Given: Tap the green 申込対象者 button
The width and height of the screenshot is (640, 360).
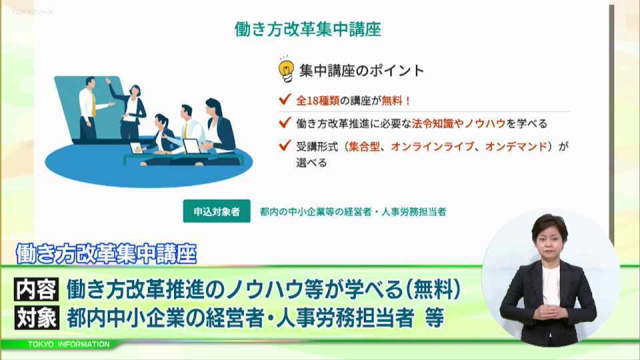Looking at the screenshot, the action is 217,211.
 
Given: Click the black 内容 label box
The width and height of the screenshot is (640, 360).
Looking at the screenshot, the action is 37,289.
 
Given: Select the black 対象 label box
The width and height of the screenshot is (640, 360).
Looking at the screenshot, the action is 37,317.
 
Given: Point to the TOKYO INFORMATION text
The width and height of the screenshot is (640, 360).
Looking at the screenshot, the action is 69,345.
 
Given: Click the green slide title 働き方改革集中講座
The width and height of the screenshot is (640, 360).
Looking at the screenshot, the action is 308,29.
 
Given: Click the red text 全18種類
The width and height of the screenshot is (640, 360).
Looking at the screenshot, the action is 318,101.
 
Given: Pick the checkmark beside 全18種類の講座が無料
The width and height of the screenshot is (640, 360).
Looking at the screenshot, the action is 285,99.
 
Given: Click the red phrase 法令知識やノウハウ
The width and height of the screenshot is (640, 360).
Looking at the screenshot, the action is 459,124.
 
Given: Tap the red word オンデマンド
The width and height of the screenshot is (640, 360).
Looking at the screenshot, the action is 516,147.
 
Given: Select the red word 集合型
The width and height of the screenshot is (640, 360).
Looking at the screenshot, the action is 364,147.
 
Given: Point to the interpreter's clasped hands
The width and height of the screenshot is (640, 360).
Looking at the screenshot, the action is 549,311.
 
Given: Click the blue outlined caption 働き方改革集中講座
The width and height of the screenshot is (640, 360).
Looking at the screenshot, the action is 107,254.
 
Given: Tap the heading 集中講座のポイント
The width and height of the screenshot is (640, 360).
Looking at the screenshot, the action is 361,71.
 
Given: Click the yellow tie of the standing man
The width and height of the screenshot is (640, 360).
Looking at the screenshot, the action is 93,105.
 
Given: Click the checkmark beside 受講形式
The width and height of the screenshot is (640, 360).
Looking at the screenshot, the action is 285,145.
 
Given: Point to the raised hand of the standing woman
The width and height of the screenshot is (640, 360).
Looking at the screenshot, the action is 108,81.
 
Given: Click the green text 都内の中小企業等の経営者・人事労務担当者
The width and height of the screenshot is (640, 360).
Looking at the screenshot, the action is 353,212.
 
